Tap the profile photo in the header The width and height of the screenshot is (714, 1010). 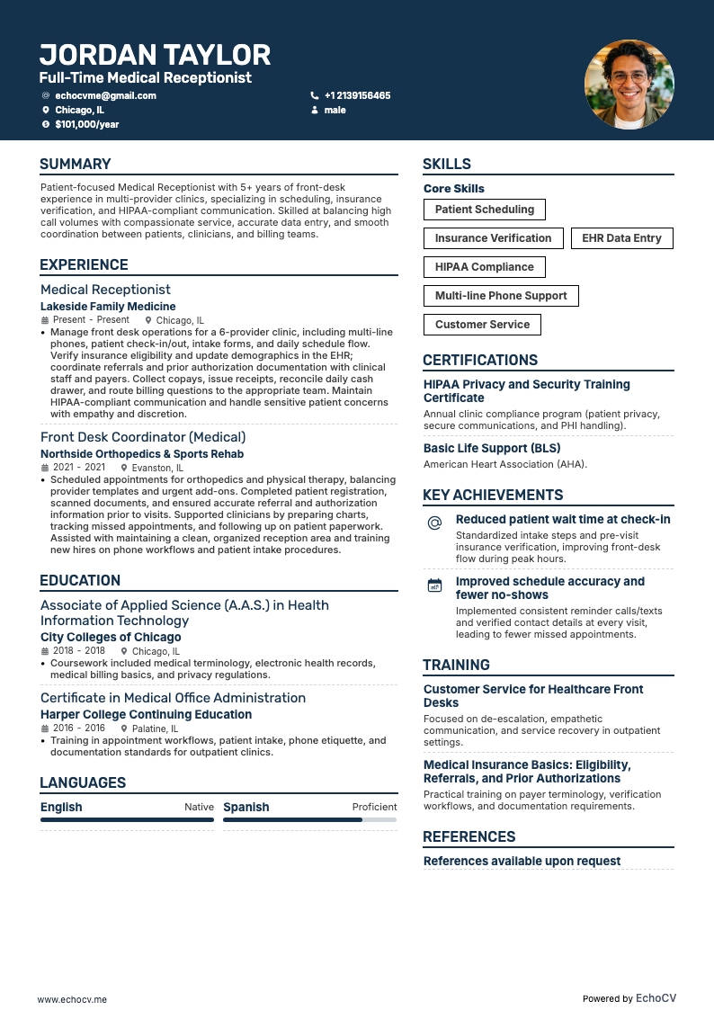point(629,85)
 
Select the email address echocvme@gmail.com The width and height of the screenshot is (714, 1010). point(105,95)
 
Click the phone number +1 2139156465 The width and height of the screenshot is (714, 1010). point(357,95)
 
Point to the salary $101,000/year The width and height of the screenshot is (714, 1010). point(86,124)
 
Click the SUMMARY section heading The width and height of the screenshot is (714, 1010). point(76,164)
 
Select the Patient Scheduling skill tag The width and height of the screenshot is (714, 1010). point(484,210)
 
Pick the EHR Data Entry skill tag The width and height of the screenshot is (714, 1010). point(621,238)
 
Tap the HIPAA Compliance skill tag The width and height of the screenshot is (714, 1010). point(484,267)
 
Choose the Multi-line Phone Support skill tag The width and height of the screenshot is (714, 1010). point(501,296)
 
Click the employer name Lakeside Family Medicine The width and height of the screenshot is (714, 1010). point(108,307)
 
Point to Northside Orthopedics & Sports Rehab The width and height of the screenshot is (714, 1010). point(142,454)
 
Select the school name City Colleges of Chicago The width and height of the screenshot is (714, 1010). point(111,637)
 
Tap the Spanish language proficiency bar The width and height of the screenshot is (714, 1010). point(309,820)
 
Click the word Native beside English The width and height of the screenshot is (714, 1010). point(199,807)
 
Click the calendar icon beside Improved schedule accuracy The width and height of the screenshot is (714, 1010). point(434,585)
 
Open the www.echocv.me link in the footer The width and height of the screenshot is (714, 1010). point(72,999)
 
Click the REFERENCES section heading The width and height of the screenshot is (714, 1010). point(469,836)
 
